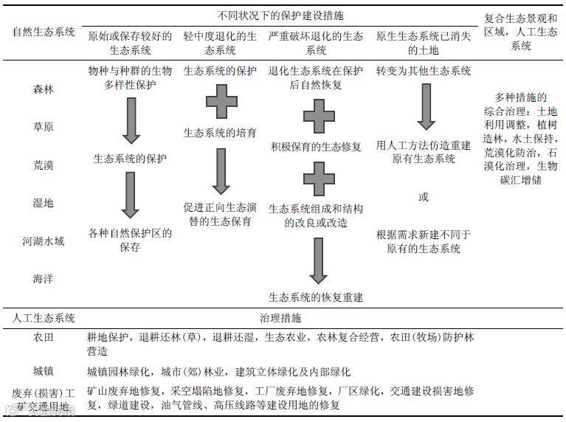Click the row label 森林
(x=44, y=89)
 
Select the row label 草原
(x=44, y=127)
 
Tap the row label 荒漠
(x=44, y=165)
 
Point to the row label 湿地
(x=44, y=203)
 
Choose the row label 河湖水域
(x=44, y=241)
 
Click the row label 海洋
(x=44, y=280)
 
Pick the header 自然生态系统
(x=44, y=32)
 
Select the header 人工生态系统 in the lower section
(x=44, y=318)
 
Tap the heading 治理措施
(x=280, y=318)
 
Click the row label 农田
(x=44, y=337)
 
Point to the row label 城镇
(x=44, y=371)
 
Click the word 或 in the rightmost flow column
(x=423, y=197)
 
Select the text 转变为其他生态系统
(x=423, y=71)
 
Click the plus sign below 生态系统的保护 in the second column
(x=221, y=102)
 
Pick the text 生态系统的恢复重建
(x=316, y=297)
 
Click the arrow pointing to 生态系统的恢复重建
(x=317, y=260)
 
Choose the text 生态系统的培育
(x=220, y=133)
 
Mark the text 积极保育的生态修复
(x=316, y=146)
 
